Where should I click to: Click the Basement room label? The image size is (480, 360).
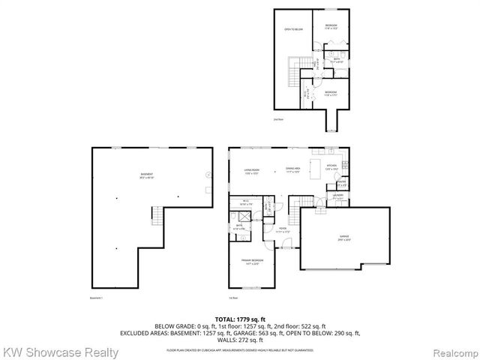tap(146, 176)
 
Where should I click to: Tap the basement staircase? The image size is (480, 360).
tap(157, 217)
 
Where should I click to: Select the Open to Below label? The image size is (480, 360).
tap(292, 29)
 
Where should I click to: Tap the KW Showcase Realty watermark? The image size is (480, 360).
tap(60, 352)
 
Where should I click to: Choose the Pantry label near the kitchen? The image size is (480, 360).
tap(341, 183)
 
